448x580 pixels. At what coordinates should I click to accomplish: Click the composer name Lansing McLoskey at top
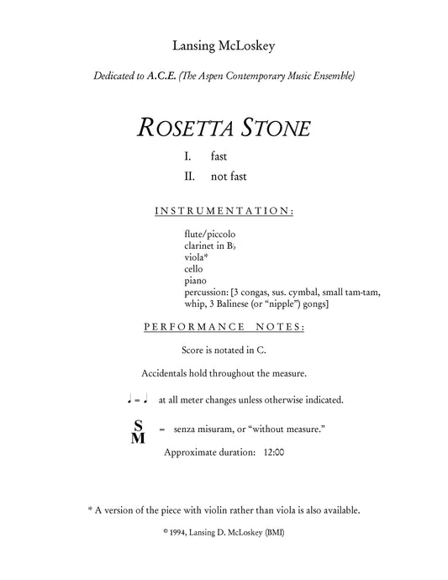(224, 45)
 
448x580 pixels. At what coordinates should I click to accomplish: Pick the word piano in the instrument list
(192, 282)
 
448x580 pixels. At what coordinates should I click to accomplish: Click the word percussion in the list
(204, 293)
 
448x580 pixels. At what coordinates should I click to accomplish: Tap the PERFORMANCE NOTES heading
(224, 326)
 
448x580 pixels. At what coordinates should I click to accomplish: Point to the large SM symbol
(138, 430)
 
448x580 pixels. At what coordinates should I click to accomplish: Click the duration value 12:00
(273, 452)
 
